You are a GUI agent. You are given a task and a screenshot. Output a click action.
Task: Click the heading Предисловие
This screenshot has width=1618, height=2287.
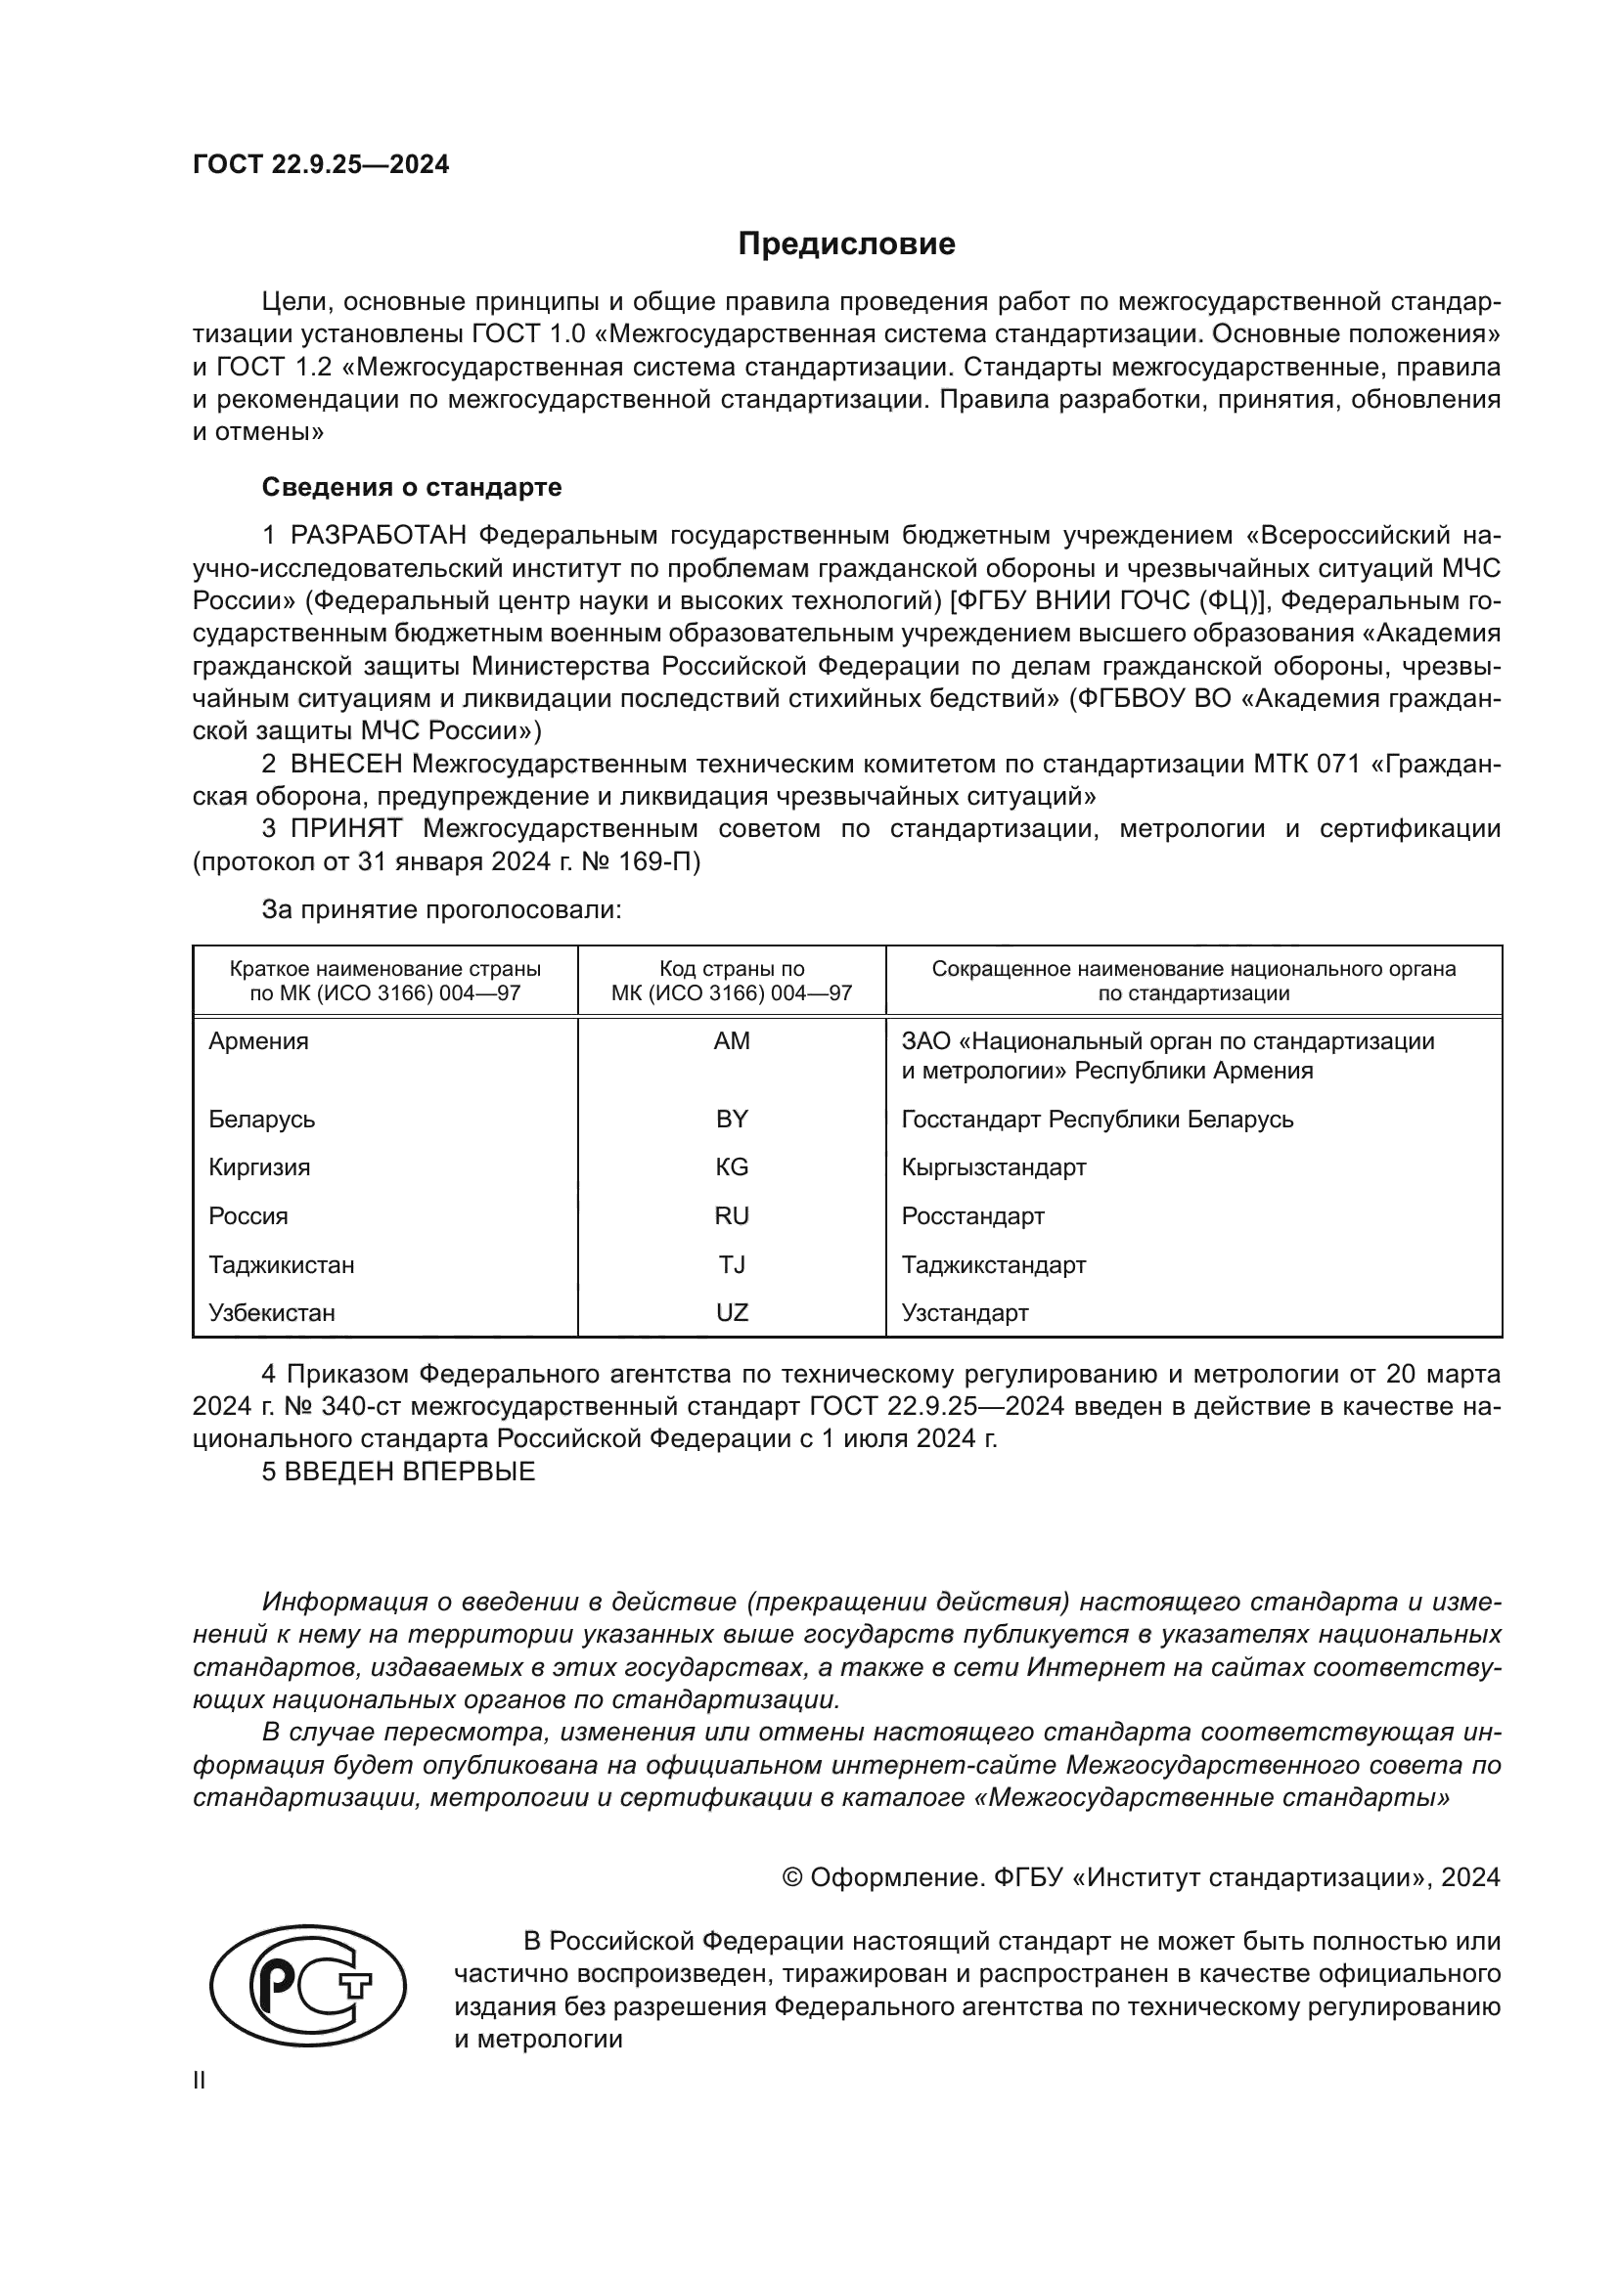(x=846, y=244)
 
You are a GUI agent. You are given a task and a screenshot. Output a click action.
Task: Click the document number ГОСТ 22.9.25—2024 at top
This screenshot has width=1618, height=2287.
(x=321, y=165)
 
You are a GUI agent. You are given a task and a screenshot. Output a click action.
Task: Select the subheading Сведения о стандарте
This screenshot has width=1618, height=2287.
(x=412, y=487)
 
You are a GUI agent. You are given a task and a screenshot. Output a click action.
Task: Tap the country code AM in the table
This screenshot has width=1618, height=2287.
(x=732, y=1041)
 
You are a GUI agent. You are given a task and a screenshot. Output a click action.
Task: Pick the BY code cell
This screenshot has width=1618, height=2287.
(x=732, y=1119)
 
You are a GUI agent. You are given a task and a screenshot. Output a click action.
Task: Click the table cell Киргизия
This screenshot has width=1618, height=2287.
(x=259, y=1166)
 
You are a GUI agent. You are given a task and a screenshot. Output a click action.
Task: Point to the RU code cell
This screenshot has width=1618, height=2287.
(x=732, y=1215)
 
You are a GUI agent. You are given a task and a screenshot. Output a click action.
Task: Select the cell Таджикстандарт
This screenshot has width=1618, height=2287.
(x=993, y=1265)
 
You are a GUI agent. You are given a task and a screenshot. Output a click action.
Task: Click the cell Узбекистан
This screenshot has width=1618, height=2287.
(x=272, y=1313)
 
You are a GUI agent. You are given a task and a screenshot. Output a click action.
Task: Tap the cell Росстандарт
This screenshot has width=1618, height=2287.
(x=972, y=1215)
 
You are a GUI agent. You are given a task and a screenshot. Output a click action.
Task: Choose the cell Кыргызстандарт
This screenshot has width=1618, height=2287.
(x=993, y=1166)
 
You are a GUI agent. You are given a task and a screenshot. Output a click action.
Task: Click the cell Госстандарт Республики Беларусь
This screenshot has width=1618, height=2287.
(x=1097, y=1119)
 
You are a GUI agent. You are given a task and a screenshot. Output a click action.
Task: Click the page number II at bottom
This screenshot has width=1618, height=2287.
(x=200, y=2081)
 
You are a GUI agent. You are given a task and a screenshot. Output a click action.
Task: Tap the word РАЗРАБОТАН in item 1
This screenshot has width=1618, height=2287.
(x=379, y=536)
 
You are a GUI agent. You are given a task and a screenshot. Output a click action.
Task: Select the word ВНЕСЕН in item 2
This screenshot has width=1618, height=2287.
(x=345, y=764)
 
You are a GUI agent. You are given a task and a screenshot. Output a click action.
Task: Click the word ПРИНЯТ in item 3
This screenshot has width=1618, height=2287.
(x=345, y=829)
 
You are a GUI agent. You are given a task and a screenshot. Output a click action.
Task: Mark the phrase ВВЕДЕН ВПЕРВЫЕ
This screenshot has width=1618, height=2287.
(x=410, y=1473)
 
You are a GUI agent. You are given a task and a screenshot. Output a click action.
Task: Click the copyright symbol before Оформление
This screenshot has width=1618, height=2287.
(x=792, y=1877)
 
